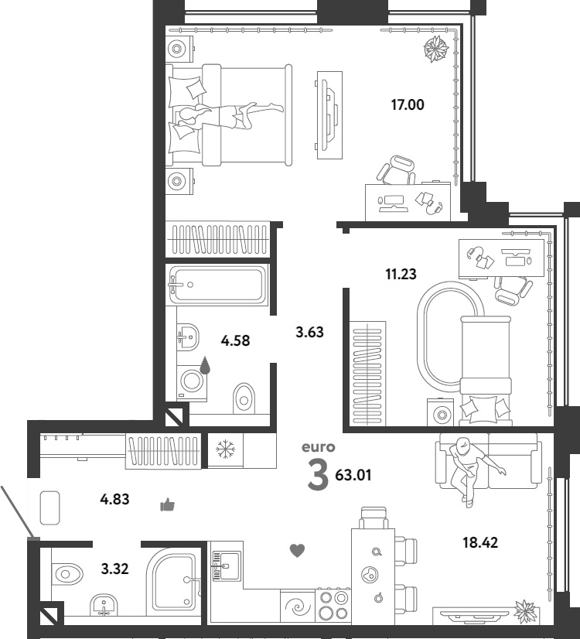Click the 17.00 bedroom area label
(408, 104)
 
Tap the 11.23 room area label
(401, 274)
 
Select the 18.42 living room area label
(480, 542)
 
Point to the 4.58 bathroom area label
(235, 340)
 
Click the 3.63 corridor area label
(309, 332)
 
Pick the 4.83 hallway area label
(114, 499)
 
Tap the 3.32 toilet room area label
(114, 569)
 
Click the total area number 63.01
(353, 475)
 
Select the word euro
(318, 447)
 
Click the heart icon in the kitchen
(297, 551)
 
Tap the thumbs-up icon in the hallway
(167, 505)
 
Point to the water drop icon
(205, 365)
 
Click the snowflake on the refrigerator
(225, 449)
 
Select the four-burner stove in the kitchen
(333, 605)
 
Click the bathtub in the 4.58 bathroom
(217, 285)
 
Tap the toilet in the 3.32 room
(67, 575)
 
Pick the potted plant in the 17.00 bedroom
(436, 49)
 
